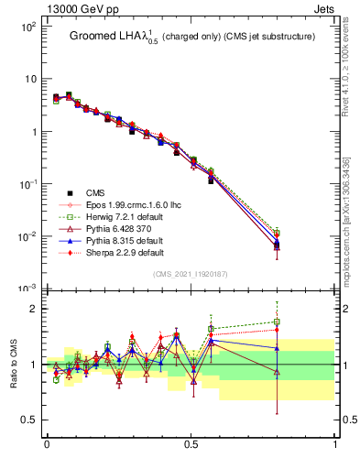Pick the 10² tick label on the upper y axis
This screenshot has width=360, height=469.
click(x=27, y=27)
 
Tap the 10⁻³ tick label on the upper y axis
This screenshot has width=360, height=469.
click(x=27, y=289)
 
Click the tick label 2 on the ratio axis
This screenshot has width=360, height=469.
click(x=34, y=309)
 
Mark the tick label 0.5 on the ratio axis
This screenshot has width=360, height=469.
click(x=29, y=420)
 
